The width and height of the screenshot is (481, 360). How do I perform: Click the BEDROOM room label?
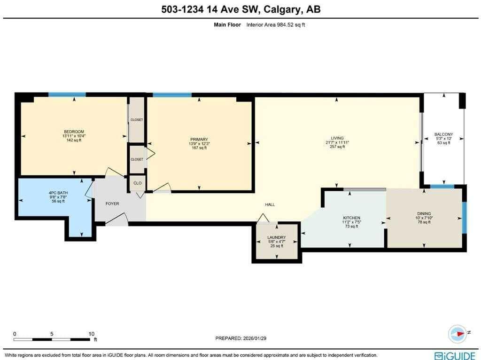(x=74, y=132)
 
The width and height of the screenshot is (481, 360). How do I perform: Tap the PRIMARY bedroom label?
(x=199, y=139)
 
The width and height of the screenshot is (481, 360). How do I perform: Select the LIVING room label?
(x=337, y=138)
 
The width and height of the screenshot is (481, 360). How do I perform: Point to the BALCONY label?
(x=443, y=134)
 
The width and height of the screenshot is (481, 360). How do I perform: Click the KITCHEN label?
(x=351, y=218)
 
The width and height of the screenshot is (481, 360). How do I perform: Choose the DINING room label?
(x=424, y=214)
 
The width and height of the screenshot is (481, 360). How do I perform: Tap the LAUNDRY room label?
(x=276, y=237)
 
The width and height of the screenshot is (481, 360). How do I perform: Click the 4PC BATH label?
(x=58, y=193)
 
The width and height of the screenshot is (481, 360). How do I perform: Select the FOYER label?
(x=112, y=203)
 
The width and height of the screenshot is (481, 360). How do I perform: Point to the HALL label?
(x=270, y=205)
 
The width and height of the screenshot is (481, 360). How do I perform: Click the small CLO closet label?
(x=138, y=183)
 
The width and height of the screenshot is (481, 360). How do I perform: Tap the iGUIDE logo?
(x=456, y=356)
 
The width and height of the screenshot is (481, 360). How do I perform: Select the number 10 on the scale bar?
(x=91, y=334)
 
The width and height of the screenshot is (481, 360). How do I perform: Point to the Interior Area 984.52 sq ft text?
(x=275, y=25)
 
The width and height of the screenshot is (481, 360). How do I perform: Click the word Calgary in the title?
(x=281, y=9)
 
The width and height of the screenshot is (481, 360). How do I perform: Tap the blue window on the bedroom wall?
(x=67, y=94)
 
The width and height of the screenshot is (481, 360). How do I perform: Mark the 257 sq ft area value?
(x=337, y=147)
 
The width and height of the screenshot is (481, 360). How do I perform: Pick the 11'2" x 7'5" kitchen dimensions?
(x=351, y=222)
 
